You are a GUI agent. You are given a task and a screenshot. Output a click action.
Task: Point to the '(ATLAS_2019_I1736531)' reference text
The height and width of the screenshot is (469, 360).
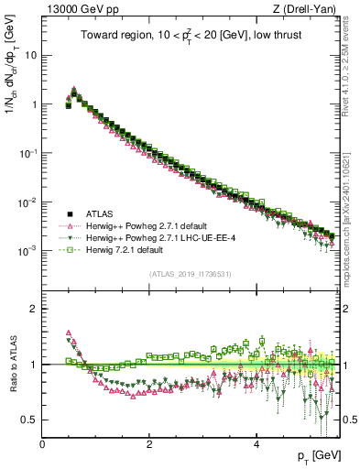[190, 273]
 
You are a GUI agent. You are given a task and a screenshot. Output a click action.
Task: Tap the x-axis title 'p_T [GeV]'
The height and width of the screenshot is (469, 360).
[316, 455]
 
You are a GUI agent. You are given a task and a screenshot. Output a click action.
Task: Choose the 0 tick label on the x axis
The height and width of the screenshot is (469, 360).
[42, 443]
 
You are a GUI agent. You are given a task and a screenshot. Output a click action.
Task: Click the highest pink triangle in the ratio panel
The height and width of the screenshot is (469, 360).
[69, 333]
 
